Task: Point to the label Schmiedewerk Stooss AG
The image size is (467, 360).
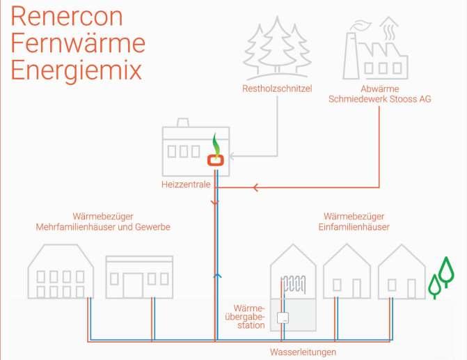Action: [380, 100]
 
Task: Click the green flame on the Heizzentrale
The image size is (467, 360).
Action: [216, 144]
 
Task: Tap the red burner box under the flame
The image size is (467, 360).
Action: [216, 159]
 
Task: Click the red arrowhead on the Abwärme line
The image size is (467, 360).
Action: [256, 187]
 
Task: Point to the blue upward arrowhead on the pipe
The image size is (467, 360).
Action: [217, 276]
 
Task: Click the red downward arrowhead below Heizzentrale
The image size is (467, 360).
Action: [214, 203]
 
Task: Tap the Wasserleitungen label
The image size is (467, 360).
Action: [303, 352]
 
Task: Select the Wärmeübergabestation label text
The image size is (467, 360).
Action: [250, 316]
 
